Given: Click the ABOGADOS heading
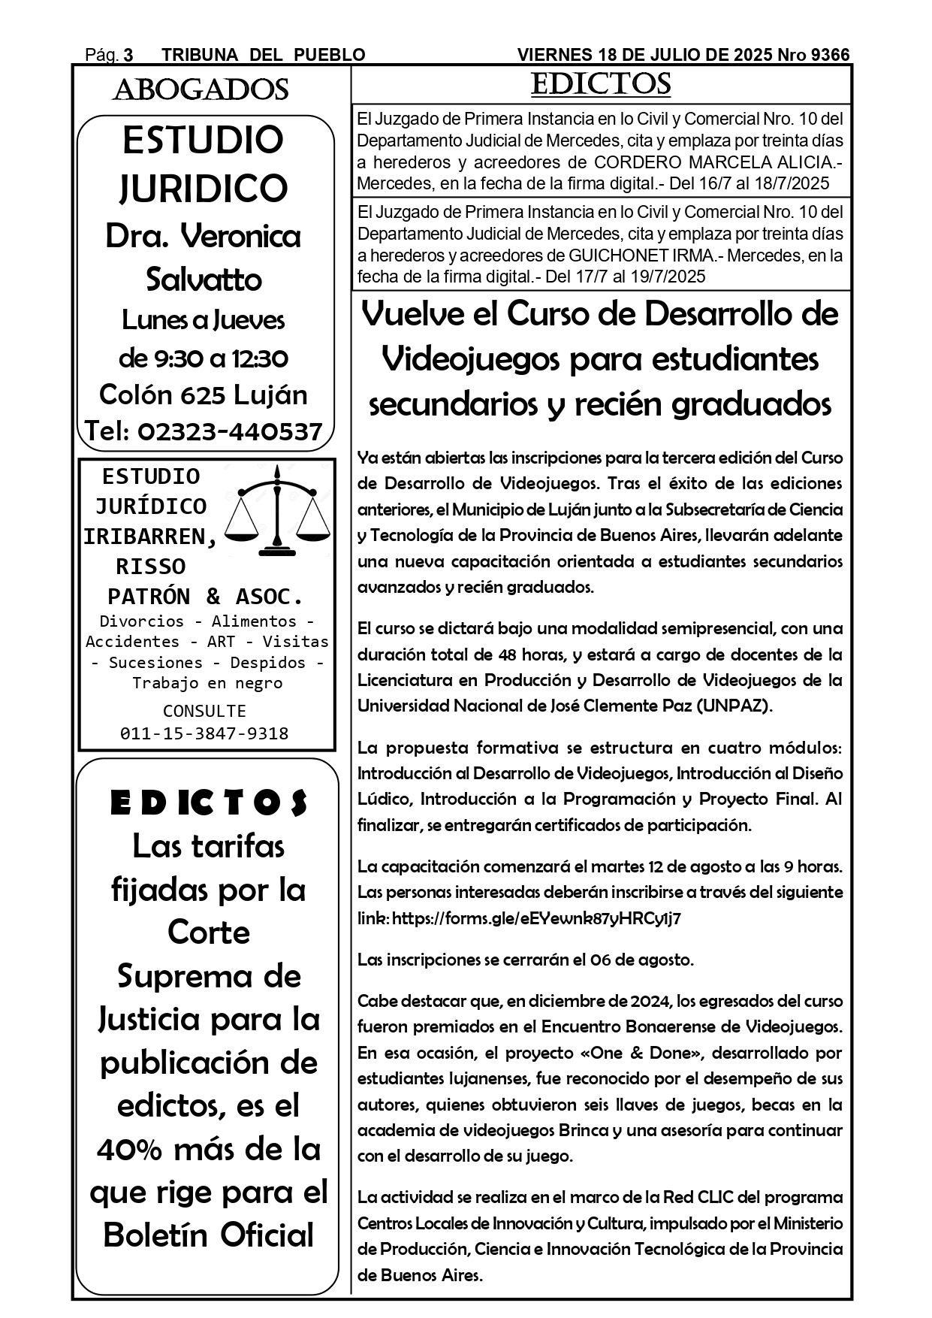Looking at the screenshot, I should [x=201, y=90].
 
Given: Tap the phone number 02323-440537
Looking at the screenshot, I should [x=231, y=431].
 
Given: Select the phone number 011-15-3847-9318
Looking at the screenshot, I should [x=204, y=733].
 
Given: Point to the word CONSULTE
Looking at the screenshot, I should [x=204, y=711].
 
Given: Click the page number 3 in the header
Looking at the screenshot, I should [x=128, y=55].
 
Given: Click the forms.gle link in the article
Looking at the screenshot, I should [x=536, y=918].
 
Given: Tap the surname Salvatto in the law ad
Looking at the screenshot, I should [x=204, y=280].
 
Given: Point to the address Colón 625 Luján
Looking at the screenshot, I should [x=204, y=394].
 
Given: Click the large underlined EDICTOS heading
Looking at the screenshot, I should [x=601, y=84].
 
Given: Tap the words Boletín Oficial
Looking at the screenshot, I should [x=208, y=1235].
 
